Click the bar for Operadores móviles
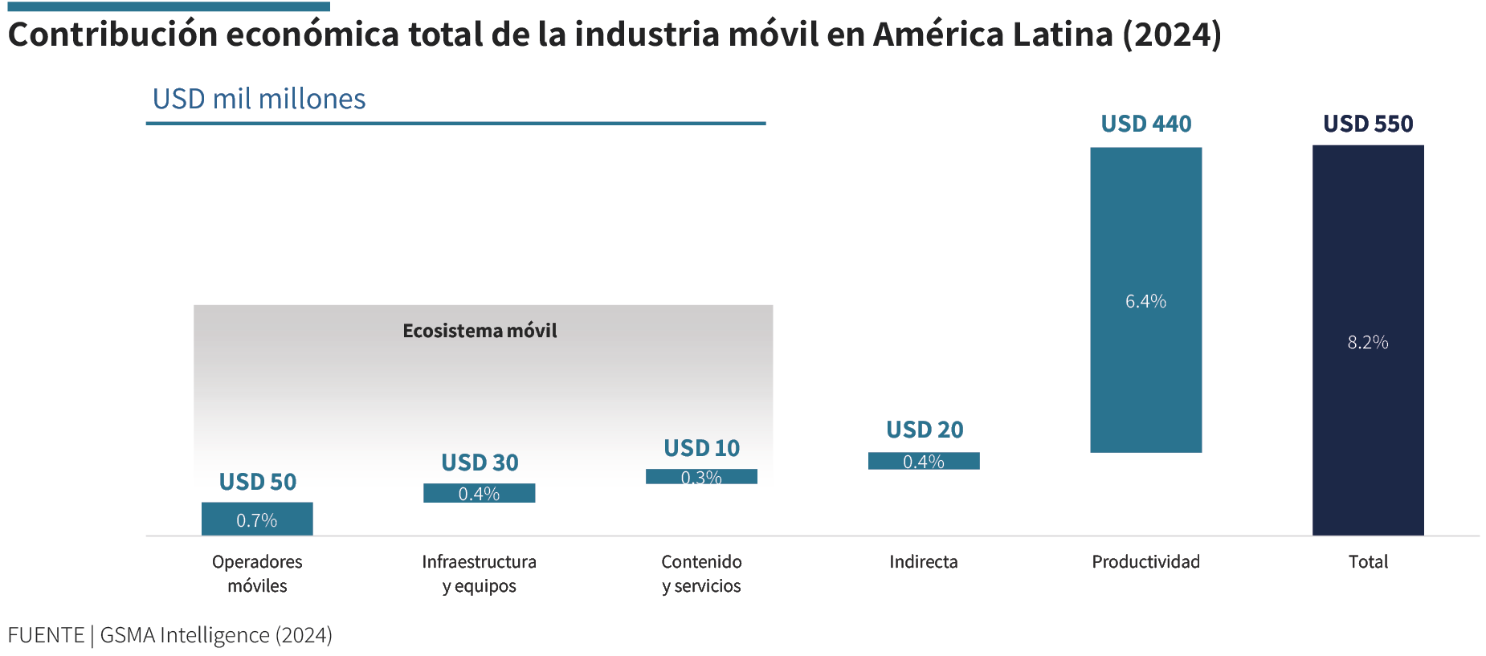coord(257,519)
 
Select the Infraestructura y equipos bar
coord(479,493)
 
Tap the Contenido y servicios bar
coord(701,476)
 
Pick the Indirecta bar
coord(924,461)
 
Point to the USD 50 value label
coord(258,482)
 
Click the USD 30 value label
coord(480,462)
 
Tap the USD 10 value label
coord(701,448)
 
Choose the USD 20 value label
coord(925,430)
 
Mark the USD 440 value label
coord(1146,124)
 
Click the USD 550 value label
coord(1368,124)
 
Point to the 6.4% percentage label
coord(1145,301)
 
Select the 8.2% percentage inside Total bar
coord(1368,342)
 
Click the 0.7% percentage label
coord(257,520)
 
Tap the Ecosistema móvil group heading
coord(480,331)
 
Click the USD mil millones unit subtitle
coord(259,99)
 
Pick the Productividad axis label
coord(1145,561)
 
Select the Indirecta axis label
coord(924,561)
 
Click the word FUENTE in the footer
coord(46,635)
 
